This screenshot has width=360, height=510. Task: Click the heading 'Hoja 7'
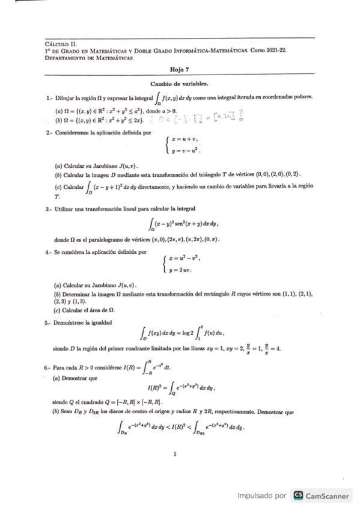[x=179, y=70]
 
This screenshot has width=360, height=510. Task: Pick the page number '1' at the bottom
[x=175, y=453]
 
